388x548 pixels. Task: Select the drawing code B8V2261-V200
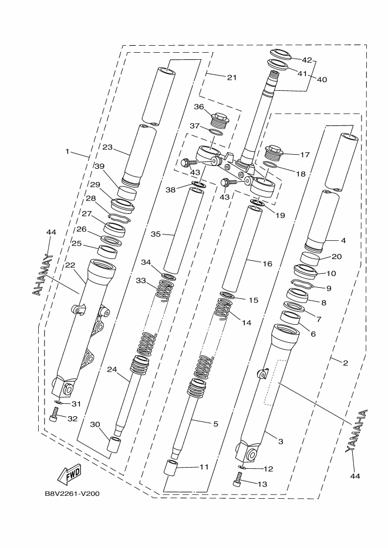click(x=72, y=493)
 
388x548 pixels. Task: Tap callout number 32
click(x=72, y=418)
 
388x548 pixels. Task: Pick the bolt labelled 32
click(x=55, y=417)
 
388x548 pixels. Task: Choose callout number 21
click(x=215, y=77)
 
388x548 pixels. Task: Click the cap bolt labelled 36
click(x=218, y=120)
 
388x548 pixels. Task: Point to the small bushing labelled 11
click(x=170, y=470)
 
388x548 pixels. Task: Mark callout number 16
click(x=268, y=264)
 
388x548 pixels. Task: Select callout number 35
click(x=156, y=234)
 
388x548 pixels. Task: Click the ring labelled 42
click(x=280, y=55)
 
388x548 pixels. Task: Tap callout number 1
click(x=68, y=151)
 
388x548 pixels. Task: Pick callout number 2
click(x=345, y=363)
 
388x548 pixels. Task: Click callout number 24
click(x=112, y=370)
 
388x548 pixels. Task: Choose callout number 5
click(x=215, y=423)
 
